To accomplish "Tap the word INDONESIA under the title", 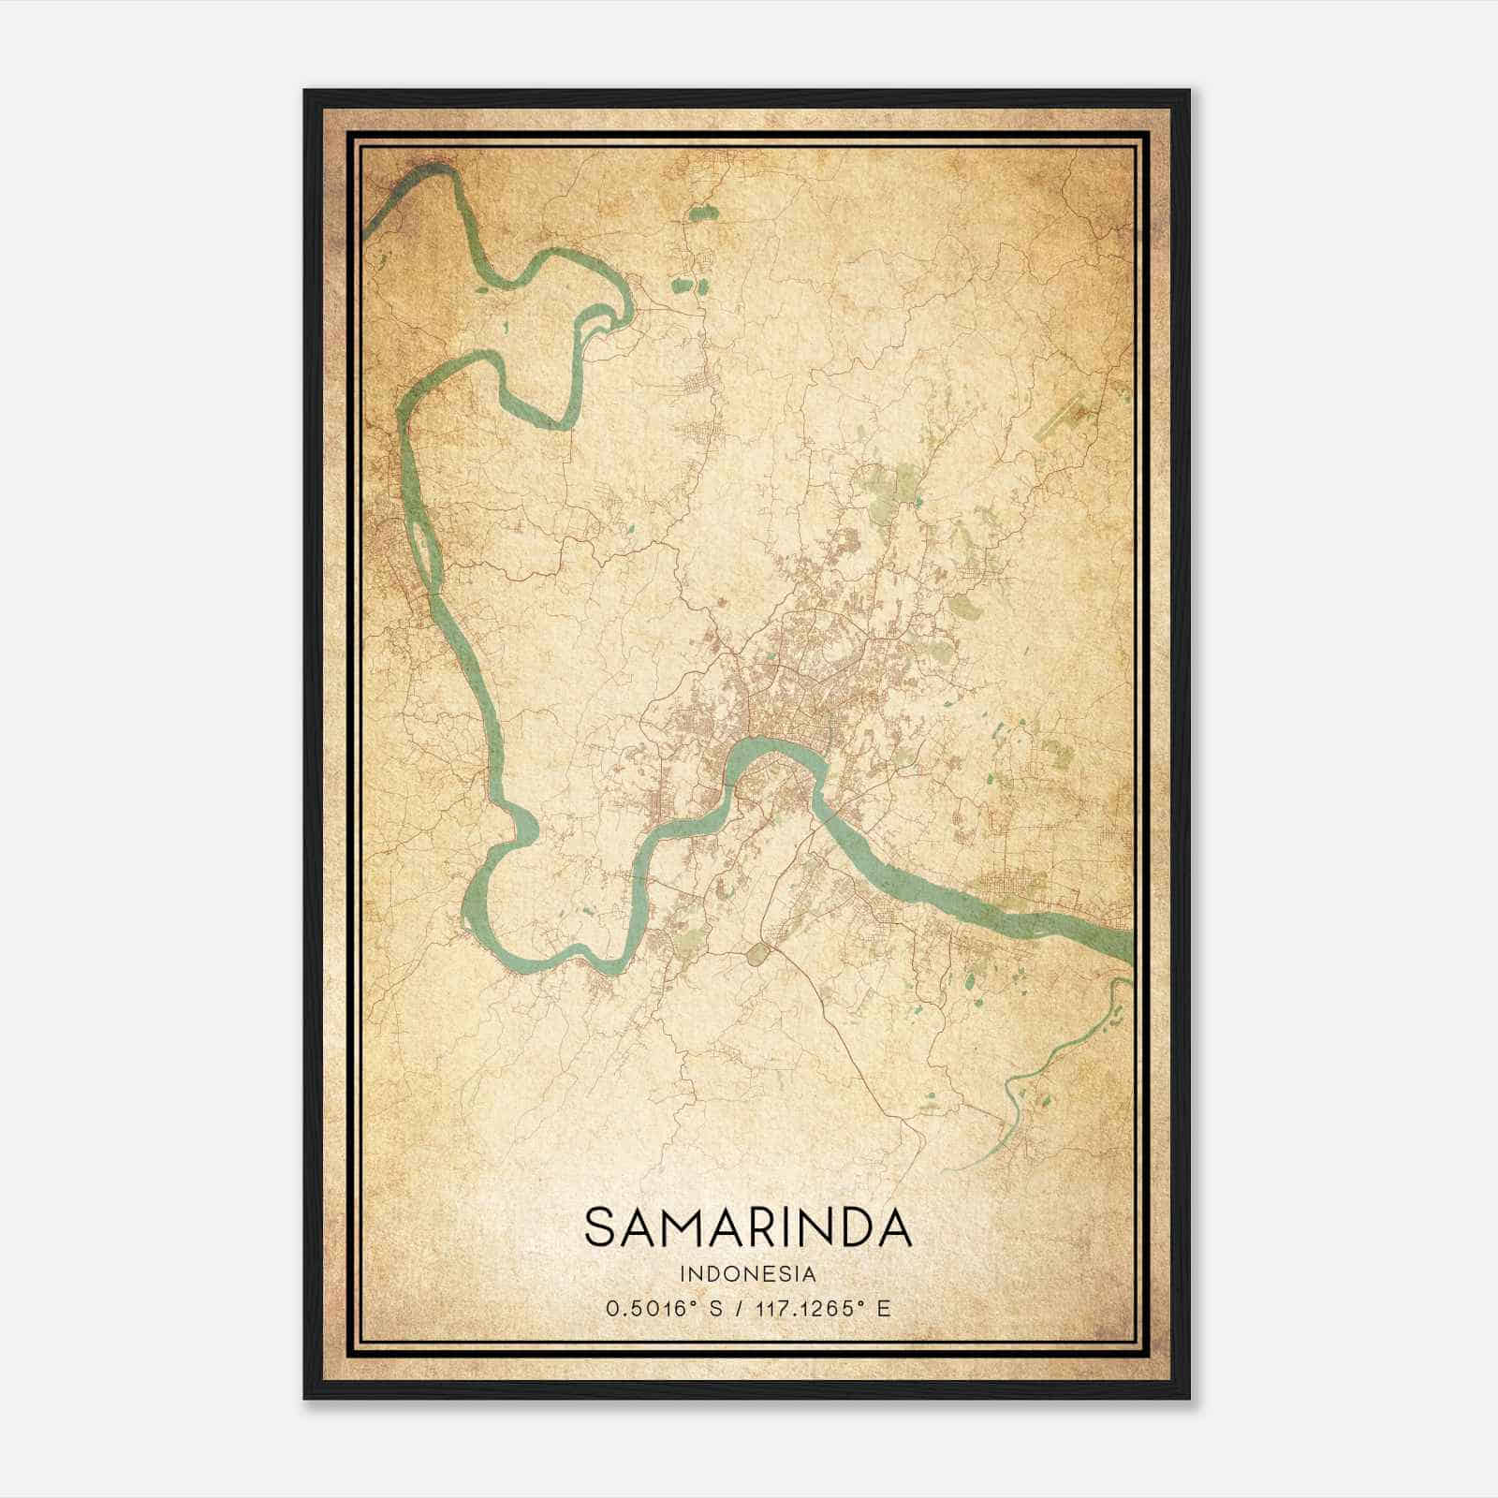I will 748,1274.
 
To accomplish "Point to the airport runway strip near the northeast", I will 1068,418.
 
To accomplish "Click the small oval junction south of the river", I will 757,954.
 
